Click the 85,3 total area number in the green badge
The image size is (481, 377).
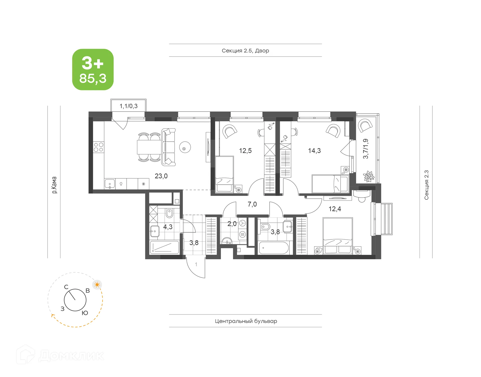(x=93, y=78)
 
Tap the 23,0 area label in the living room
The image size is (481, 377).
(x=161, y=176)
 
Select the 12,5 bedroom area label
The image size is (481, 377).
(x=245, y=151)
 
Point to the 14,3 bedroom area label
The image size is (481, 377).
(x=314, y=151)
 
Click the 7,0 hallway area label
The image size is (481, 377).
(x=252, y=204)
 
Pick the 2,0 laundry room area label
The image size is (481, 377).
(x=232, y=224)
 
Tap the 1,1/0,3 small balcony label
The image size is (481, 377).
(x=129, y=106)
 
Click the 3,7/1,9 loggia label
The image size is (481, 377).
(x=366, y=149)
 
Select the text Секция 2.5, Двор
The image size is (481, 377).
(x=245, y=51)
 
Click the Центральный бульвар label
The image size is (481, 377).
(x=246, y=321)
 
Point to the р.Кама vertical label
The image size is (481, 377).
(x=54, y=185)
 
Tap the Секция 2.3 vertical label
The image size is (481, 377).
(x=426, y=185)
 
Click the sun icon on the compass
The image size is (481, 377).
(x=97, y=285)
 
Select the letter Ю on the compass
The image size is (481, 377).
(x=85, y=313)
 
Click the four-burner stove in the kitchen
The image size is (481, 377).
(x=98, y=147)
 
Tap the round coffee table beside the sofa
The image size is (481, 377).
(x=185, y=147)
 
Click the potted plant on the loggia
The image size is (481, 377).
(x=369, y=177)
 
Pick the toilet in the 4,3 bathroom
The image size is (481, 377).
(x=169, y=213)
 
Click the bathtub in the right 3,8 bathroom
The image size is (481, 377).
(x=274, y=248)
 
